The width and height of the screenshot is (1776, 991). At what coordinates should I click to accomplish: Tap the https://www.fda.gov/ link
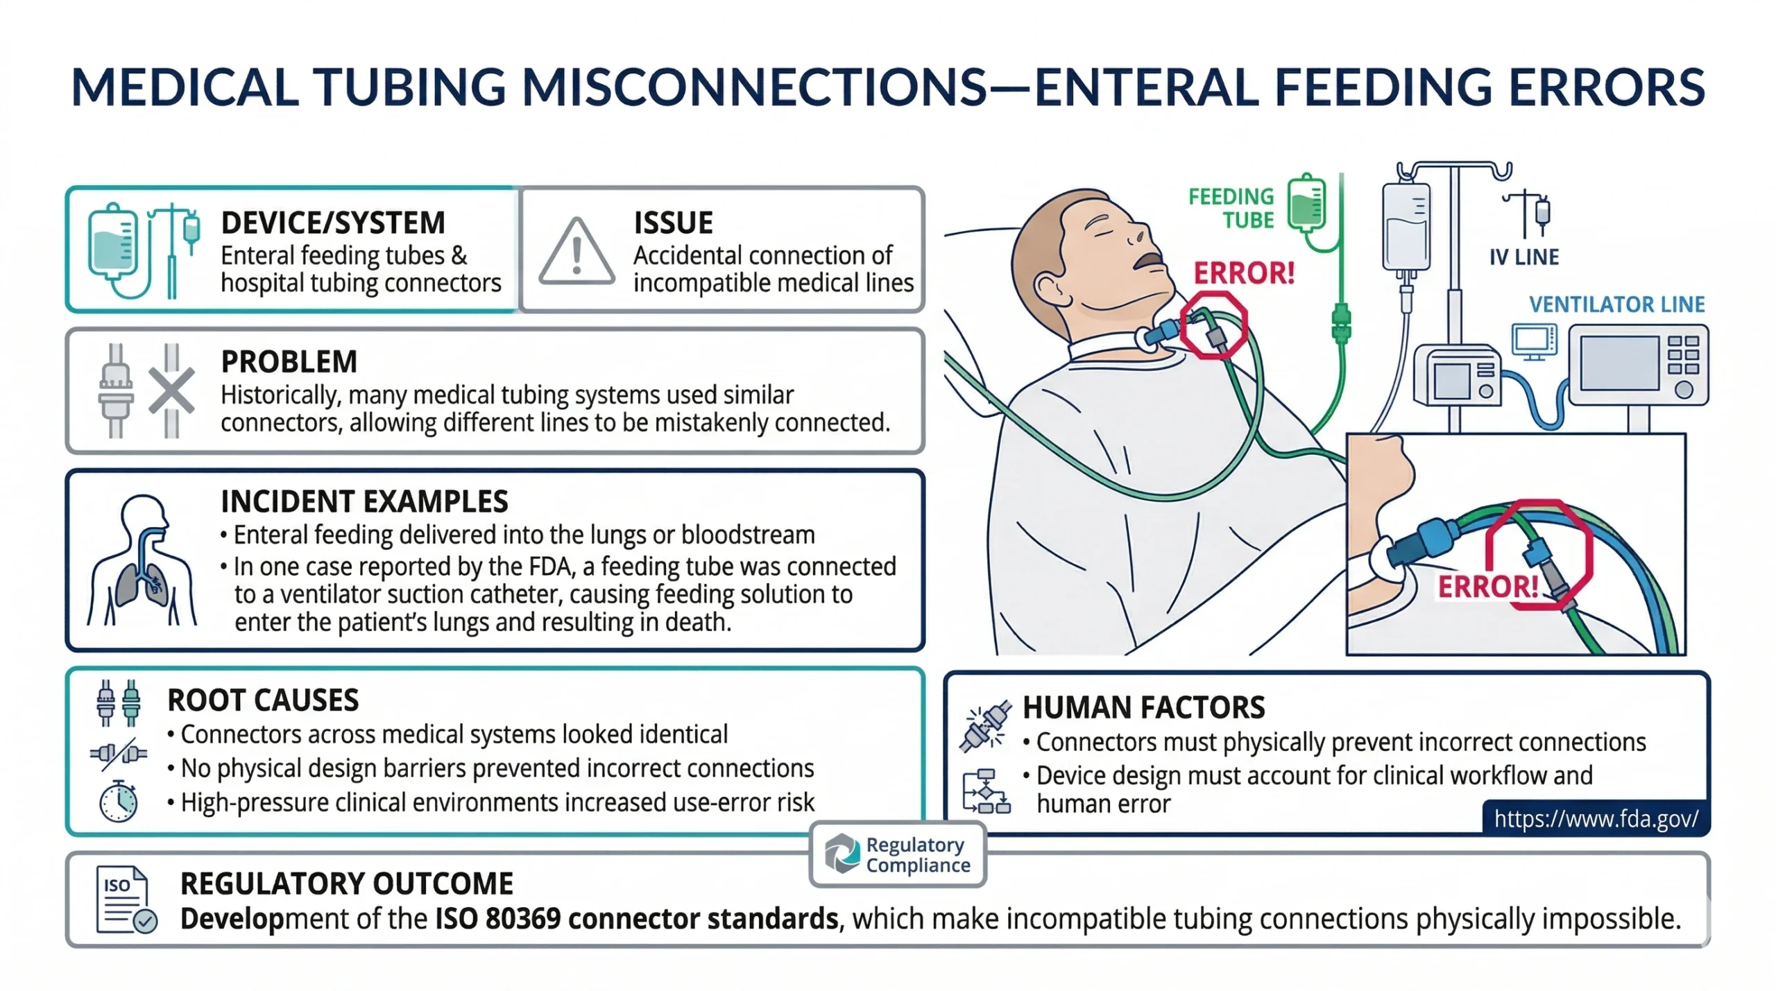[x=1596, y=819]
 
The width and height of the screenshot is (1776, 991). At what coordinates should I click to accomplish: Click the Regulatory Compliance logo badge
[x=898, y=854]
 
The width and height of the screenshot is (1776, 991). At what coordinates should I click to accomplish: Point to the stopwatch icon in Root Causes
[x=119, y=802]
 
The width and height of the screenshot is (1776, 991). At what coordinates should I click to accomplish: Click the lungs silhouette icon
[x=142, y=562]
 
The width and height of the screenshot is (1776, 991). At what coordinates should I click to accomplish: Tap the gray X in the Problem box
[x=171, y=392]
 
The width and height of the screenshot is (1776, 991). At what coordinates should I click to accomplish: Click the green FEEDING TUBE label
[x=1231, y=208]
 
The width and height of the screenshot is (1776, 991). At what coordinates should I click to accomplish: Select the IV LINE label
[x=1524, y=257]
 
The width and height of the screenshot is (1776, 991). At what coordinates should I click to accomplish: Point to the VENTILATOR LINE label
[x=1616, y=304]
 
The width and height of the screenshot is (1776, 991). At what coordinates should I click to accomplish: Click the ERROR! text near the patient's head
[x=1244, y=273]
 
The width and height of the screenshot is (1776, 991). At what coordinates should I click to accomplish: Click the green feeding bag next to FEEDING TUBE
[x=1306, y=203]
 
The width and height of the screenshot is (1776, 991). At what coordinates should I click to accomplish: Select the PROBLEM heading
[x=289, y=361]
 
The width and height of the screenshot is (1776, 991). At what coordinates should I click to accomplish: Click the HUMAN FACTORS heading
[x=1143, y=707]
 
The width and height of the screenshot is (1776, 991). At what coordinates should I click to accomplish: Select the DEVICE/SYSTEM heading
[x=333, y=223]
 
